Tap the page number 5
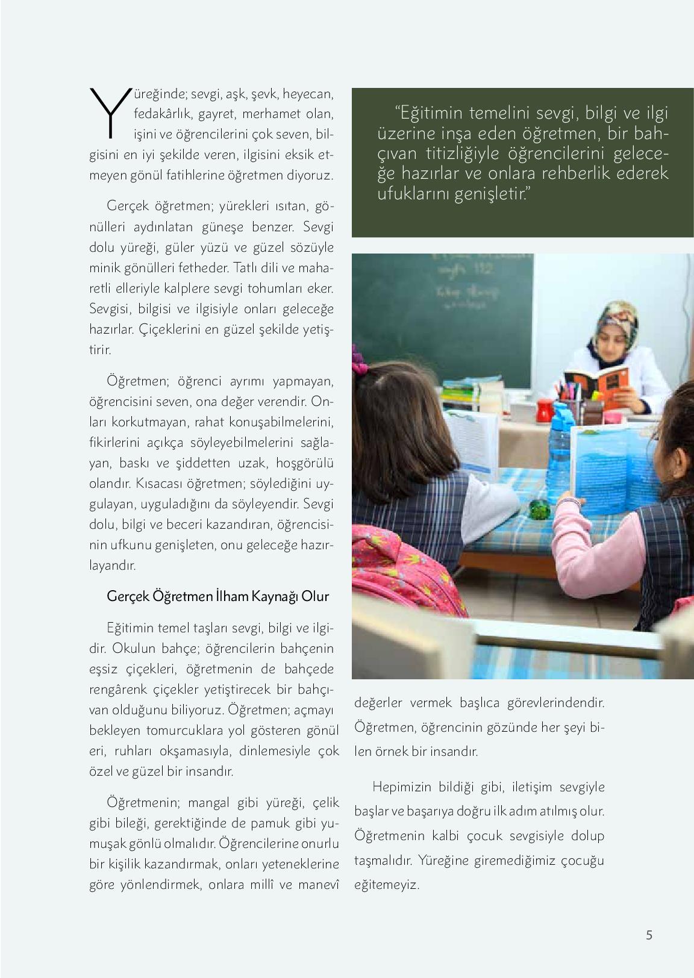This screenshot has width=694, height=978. pyautogui.click(x=649, y=935)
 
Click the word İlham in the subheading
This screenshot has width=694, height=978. pyautogui.click(x=231, y=596)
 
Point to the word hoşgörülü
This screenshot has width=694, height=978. pyautogui.click(x=304, y=463)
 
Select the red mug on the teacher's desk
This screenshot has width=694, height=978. pyautogui.click(x=546, y=411)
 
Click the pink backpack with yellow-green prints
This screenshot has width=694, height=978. pyautogui.click(x=398, y=572)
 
